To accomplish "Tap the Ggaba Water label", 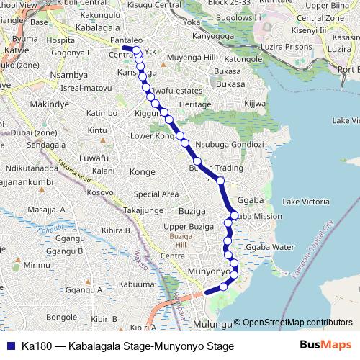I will click(270, 247).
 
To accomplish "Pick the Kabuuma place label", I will click(133, 284).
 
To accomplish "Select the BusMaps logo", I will click(325, 346).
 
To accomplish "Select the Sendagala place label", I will click(45, 145).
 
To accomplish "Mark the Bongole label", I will click(61, 317).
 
